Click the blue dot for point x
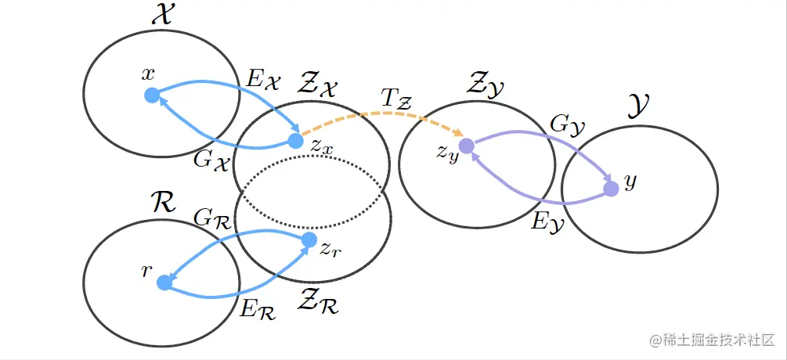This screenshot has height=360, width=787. (152, 95)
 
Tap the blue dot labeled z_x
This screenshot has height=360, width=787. (295, 141)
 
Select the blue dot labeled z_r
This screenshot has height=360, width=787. (309, 239)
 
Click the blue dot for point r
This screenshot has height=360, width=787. (164, 283)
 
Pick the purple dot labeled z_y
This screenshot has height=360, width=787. (466, 146)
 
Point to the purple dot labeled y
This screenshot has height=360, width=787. (611, 189)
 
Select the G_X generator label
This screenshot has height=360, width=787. (211, 160)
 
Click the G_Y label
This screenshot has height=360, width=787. (569, 124)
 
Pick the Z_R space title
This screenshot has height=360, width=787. (319, 301)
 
